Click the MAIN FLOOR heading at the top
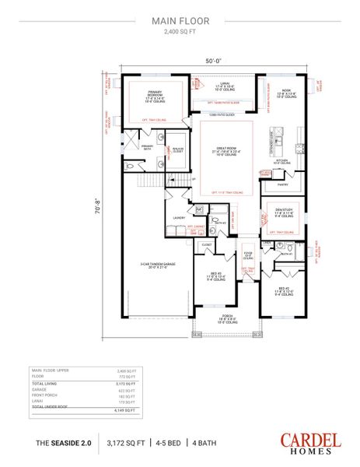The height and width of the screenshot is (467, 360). [180, 23]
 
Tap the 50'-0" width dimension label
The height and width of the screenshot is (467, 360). [215, 59]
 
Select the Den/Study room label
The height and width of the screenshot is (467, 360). [283, 209]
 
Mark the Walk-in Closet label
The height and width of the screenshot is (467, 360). [177, 149]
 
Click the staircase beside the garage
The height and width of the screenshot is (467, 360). [145, 184]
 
